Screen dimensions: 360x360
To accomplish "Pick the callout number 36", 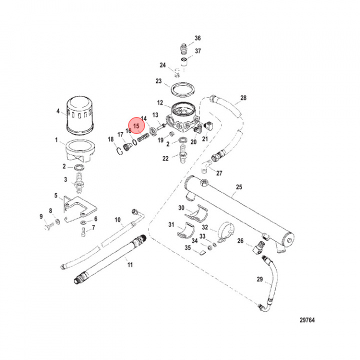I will click(197, 38).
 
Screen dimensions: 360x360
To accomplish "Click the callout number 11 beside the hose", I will click(130, 264).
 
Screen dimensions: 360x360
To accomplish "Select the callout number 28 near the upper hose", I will click(243, 97).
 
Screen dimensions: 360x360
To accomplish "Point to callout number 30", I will click(181, 208).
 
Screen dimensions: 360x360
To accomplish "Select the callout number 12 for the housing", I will click(160, 103).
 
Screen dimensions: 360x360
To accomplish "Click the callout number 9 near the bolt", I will click(41, 216).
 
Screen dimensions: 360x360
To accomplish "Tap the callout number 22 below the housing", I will click(165, 158).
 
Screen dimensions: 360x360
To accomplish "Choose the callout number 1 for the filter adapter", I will click(56, 141).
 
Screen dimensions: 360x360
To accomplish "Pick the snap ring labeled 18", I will click(120, 150).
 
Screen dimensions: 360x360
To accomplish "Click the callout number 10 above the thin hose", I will click(117, 219).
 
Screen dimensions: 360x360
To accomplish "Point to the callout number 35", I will click(187, 247).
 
